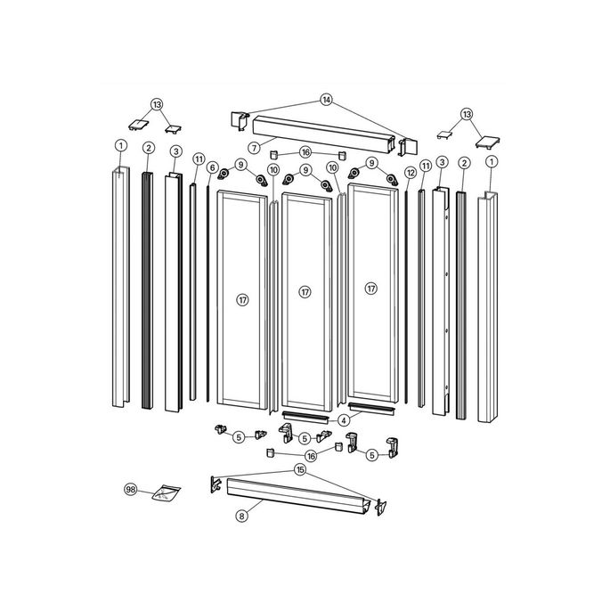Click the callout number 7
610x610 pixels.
pyautogui.click(x=254, y=146)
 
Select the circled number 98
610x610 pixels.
pyautogui.click(x=131, y=489)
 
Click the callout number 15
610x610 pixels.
pyautogui.click(x=300, y=469)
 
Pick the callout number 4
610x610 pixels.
pyautogui.click(x=343, y=419)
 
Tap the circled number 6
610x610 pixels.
pyautogui.click(x=212, y=167)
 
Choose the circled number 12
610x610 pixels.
pyautogui.click(x=411, y=172)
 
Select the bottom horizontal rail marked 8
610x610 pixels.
pyautogui.click(x=298, y=498)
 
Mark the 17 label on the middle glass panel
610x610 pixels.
pyautogui.click(x=305, y=291)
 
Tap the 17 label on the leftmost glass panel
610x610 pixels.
pyautogui.click(x=241, y=300)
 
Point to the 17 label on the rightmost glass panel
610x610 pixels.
pyautogui.click(x=370, y=288)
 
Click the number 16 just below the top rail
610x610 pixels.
pyautogui.click(x=305, y=152)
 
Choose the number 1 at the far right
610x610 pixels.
pyautogui.click(x=491, y=160)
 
